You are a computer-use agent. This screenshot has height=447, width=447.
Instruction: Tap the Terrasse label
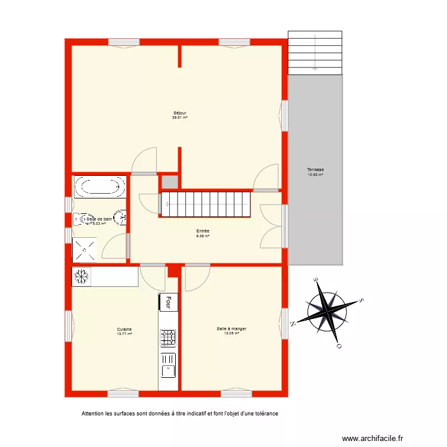[315, 169]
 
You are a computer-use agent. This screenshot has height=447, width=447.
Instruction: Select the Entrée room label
[203, 231]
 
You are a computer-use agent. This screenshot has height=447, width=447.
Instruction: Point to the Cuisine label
[125, 329]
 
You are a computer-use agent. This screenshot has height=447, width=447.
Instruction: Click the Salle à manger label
[232, 328]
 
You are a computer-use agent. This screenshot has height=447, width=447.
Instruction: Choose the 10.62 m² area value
[315, 175]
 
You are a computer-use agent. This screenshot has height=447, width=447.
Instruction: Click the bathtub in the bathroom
[100, 187]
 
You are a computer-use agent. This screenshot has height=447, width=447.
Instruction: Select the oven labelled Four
[169, 302]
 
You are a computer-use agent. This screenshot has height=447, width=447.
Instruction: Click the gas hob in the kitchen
[168, 339]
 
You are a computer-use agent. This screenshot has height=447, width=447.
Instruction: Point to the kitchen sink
[168, 365]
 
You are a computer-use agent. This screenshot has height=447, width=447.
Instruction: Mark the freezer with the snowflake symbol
[80, 277]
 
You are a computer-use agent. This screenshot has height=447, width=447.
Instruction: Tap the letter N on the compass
[293, 324]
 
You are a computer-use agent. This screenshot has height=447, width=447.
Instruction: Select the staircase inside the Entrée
[207, 204]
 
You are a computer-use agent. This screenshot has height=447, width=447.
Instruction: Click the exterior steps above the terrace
[315, 53]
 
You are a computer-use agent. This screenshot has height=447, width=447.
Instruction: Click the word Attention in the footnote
[93, 413]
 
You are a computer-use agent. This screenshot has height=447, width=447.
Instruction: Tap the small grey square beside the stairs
[169, 182]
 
